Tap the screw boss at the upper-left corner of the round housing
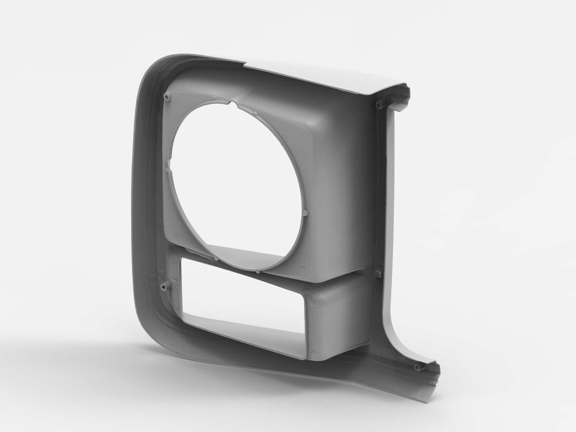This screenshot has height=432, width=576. (167, 96)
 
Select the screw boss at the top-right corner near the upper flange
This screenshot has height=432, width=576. (380, 104)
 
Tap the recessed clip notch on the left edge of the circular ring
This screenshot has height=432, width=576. (168, 163)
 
